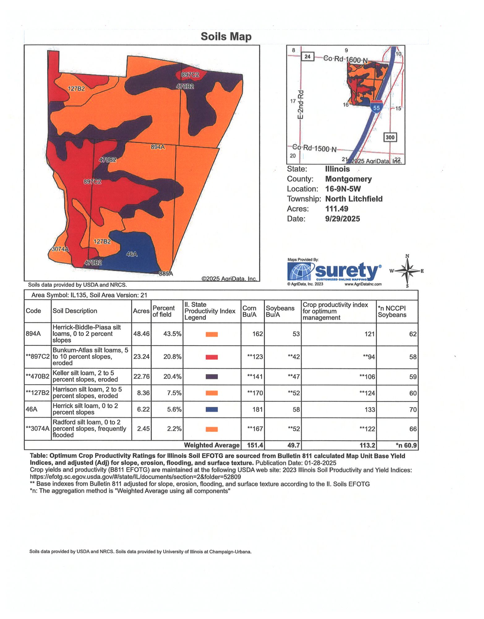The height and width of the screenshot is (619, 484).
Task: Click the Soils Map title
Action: point(226,37)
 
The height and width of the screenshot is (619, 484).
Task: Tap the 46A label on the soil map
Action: point(132,254)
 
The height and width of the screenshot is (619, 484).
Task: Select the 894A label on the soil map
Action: point(158,147)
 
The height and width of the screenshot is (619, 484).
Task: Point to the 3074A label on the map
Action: point(60,249)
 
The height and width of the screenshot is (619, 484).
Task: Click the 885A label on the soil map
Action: point(166,274)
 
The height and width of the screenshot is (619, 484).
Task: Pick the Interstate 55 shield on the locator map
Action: point(376,107)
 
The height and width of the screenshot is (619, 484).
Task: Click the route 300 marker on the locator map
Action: point(390,137)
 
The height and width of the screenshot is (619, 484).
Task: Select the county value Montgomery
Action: point(348,179)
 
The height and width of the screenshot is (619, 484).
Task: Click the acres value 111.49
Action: point(336,209)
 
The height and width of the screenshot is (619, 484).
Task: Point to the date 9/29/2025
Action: point(342,219)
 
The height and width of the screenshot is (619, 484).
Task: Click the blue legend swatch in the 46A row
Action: point(212,409)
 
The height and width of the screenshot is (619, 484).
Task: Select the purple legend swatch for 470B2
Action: point(212,377)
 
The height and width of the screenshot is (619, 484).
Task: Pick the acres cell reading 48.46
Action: point(141,334)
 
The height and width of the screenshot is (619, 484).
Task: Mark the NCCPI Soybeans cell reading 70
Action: point(413,409)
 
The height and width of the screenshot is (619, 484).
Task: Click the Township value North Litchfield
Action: point(354,199)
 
